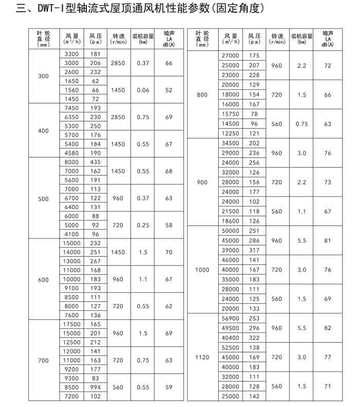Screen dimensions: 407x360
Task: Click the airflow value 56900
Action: [x=230, y=319]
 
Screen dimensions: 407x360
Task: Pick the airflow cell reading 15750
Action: [x=230, y=114]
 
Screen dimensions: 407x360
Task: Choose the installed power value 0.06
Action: [x=143, y=90]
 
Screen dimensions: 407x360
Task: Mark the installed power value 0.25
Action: [x=143, y=225]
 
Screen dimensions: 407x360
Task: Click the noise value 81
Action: [x=328, y=240]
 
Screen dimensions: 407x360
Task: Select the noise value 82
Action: [x=328, y=328]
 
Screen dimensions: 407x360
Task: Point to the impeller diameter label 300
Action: [x=44, y=76]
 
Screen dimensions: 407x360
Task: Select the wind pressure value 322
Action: [x=254, y=338]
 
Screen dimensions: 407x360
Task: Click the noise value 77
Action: [x=328, y=357]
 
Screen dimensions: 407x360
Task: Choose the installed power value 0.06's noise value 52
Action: [x=169, y=90]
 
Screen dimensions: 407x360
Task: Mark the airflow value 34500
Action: [x=230, y=143]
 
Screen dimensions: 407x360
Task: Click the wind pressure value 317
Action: [x=254, y=250]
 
